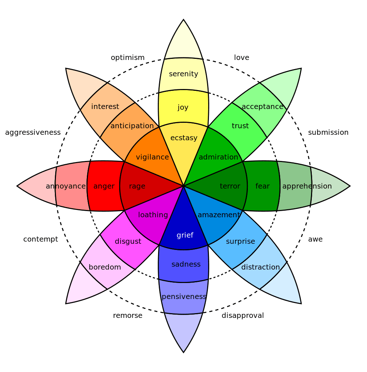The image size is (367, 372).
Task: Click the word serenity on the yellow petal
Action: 183,74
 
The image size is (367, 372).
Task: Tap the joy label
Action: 183,107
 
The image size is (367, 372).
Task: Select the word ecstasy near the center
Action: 184,138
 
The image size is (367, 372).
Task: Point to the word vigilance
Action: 152,157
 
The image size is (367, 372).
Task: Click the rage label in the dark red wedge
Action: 137,186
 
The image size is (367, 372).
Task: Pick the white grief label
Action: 185,235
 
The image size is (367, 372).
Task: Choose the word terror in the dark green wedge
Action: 230,186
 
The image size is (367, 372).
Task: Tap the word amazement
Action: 219,215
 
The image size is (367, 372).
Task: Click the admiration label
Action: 218,157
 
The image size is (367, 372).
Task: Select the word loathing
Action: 153,215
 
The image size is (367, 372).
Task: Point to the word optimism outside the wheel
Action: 128,58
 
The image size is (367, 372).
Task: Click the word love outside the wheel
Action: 242,58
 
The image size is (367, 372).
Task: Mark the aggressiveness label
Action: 33,133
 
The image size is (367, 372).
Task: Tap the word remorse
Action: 128,315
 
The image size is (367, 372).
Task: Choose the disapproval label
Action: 243,315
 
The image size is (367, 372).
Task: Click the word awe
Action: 315,239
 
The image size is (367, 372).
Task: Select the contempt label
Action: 41,239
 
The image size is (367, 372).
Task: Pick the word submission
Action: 328,133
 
